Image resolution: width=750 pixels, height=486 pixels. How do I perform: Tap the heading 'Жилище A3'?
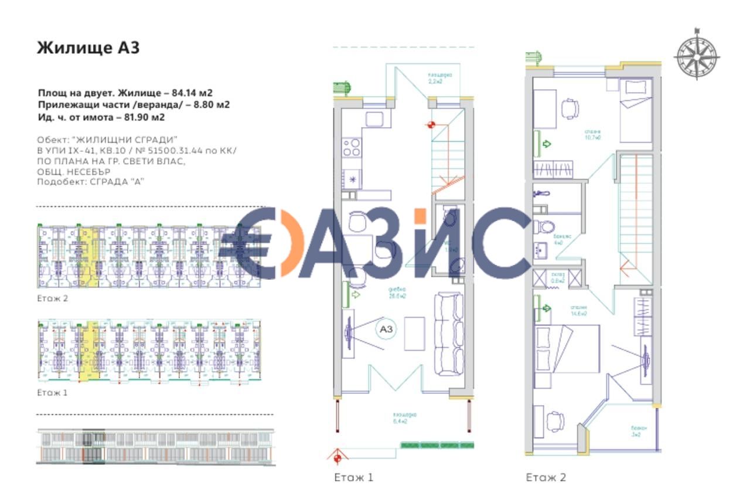[x=88, y=47]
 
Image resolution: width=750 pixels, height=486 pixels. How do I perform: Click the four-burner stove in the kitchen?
[x=352, y=147]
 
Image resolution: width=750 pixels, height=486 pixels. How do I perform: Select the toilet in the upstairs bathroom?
[x=543, y=226]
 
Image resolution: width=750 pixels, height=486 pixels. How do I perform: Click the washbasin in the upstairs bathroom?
[x=540, y=251]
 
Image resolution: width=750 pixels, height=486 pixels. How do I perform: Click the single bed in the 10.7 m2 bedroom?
[x=636, y=111]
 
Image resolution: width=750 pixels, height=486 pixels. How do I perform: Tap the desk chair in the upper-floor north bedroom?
[x=570, y=108]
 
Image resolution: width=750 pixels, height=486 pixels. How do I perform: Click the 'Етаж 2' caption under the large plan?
[x=546, y=477]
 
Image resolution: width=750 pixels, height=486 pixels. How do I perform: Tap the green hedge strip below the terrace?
[x=437, y=446]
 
